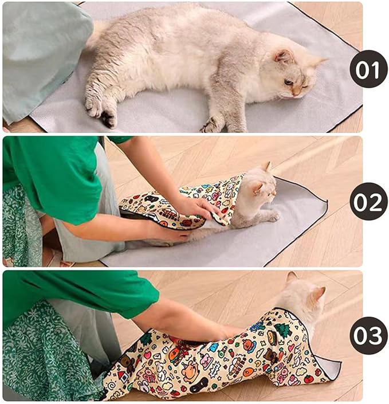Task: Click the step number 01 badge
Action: click(x=368, y=69)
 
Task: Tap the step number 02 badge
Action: click(x=368, y=201)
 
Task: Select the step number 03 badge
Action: click(x=368, y=335)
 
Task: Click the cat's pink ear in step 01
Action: click(x=284, y=56)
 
